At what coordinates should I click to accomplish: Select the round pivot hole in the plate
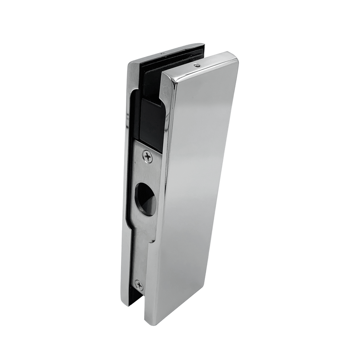(x=146, y=199)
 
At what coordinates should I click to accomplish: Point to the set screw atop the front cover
(x=197, y=65)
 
